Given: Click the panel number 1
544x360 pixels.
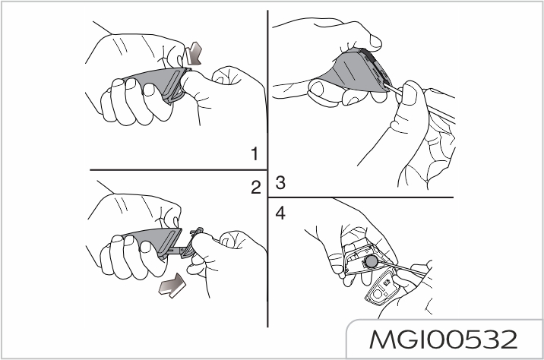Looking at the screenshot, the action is coord(255,154).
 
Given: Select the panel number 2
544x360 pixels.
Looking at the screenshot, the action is coord(256,188).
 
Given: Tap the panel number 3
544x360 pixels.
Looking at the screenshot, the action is coord(280,183).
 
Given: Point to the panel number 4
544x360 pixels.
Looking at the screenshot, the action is coord(280,213).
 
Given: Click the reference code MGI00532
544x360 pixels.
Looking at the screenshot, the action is coord(444,339).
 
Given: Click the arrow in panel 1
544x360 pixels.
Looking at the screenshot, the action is coord(194,53).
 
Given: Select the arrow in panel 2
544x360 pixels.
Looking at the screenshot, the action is coord(172,286).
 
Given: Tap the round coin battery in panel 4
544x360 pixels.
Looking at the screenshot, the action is coord(372,262).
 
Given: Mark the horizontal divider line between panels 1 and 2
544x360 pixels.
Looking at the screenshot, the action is coord(179,170).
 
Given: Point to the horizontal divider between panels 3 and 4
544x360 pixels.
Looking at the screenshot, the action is coord(361,197).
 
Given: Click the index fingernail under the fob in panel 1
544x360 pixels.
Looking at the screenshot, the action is coord(148,90).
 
